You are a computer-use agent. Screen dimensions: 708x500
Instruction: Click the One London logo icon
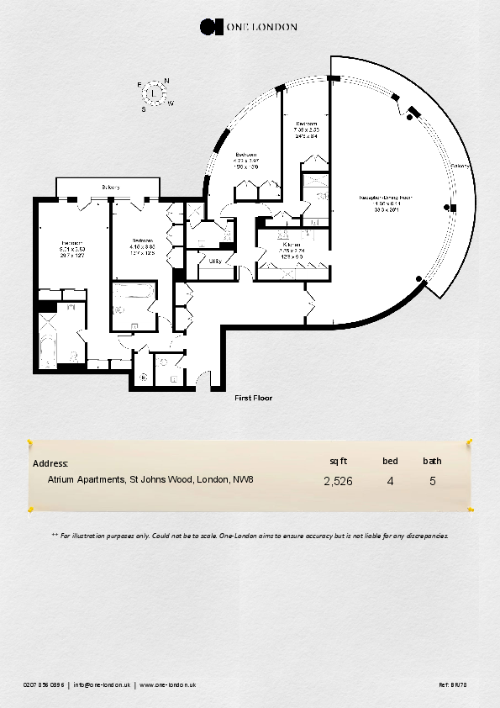tap(210, 27)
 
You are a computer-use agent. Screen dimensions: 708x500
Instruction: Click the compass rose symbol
tap(154, 92)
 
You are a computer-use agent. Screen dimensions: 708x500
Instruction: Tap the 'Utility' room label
tap(215, 262)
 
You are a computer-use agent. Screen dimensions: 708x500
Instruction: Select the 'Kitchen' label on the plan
tap(292, 245)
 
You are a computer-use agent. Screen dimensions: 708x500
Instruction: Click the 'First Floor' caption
tap(254, 399)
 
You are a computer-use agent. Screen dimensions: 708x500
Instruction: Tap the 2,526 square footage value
tap(338, 482)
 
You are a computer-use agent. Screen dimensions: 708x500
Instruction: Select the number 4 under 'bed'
tap(390, 482)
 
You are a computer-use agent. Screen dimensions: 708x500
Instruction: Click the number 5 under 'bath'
tap(432, 482)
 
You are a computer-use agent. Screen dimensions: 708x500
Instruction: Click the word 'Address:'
tap(50, 463)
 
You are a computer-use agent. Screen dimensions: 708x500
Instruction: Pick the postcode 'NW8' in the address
tap(243, 479)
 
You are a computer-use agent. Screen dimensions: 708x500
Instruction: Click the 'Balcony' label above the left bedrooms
tap(110, 187)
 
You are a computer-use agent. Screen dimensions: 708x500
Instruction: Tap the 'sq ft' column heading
tap(338, 461)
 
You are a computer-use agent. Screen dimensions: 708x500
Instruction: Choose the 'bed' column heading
tap(390, 461)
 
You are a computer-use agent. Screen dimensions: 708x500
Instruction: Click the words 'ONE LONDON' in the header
tap(261, 27)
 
